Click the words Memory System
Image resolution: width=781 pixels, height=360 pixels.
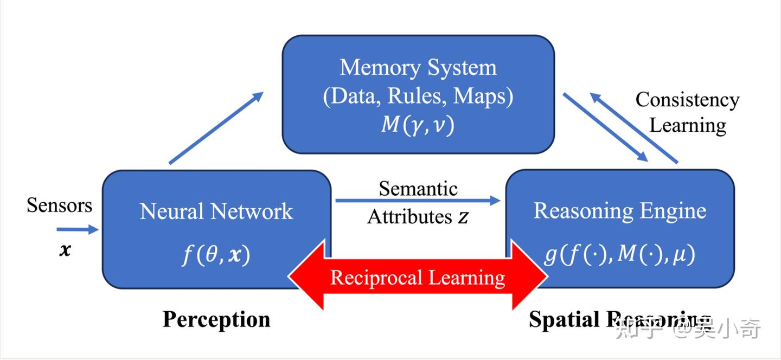(x=418, y=68)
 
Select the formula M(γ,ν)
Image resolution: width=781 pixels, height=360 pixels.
(x=418, y=125)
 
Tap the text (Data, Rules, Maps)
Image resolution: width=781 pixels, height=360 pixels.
(x=418, y=97)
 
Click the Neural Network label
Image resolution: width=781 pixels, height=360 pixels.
(x=216, y=211)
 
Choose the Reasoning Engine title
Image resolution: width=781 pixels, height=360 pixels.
(x=620, y=211)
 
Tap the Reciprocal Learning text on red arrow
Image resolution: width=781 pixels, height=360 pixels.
(x=418, y=278)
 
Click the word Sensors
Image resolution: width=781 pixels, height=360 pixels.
(x=59, y=205)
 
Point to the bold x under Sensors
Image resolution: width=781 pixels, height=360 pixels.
(x=65, y=250)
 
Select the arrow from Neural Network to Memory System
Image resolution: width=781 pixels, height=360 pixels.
(x=216, y=127)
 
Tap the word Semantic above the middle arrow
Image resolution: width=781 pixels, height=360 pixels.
(x=418, y=188)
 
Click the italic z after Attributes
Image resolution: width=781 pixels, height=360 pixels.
(x=463, y=217)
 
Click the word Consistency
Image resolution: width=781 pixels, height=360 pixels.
(x=687, y=100)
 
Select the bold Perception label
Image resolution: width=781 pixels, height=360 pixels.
(x=216, y=319)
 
